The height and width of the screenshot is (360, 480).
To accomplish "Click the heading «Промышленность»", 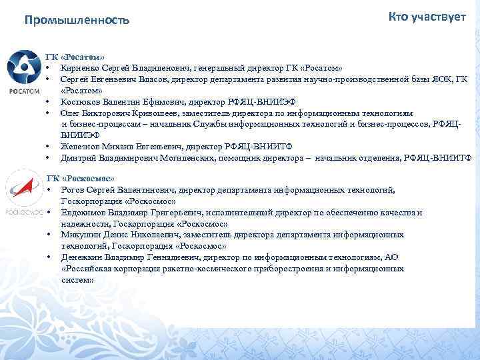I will point(77,21).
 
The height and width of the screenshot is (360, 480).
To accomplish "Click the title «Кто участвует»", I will point(427,17).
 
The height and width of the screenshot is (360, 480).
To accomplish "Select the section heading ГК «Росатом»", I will point(75,57).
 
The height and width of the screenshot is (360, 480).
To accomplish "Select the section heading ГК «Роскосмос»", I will point(81,179).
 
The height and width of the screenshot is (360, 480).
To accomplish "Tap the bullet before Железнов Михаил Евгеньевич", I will point(49,147).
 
